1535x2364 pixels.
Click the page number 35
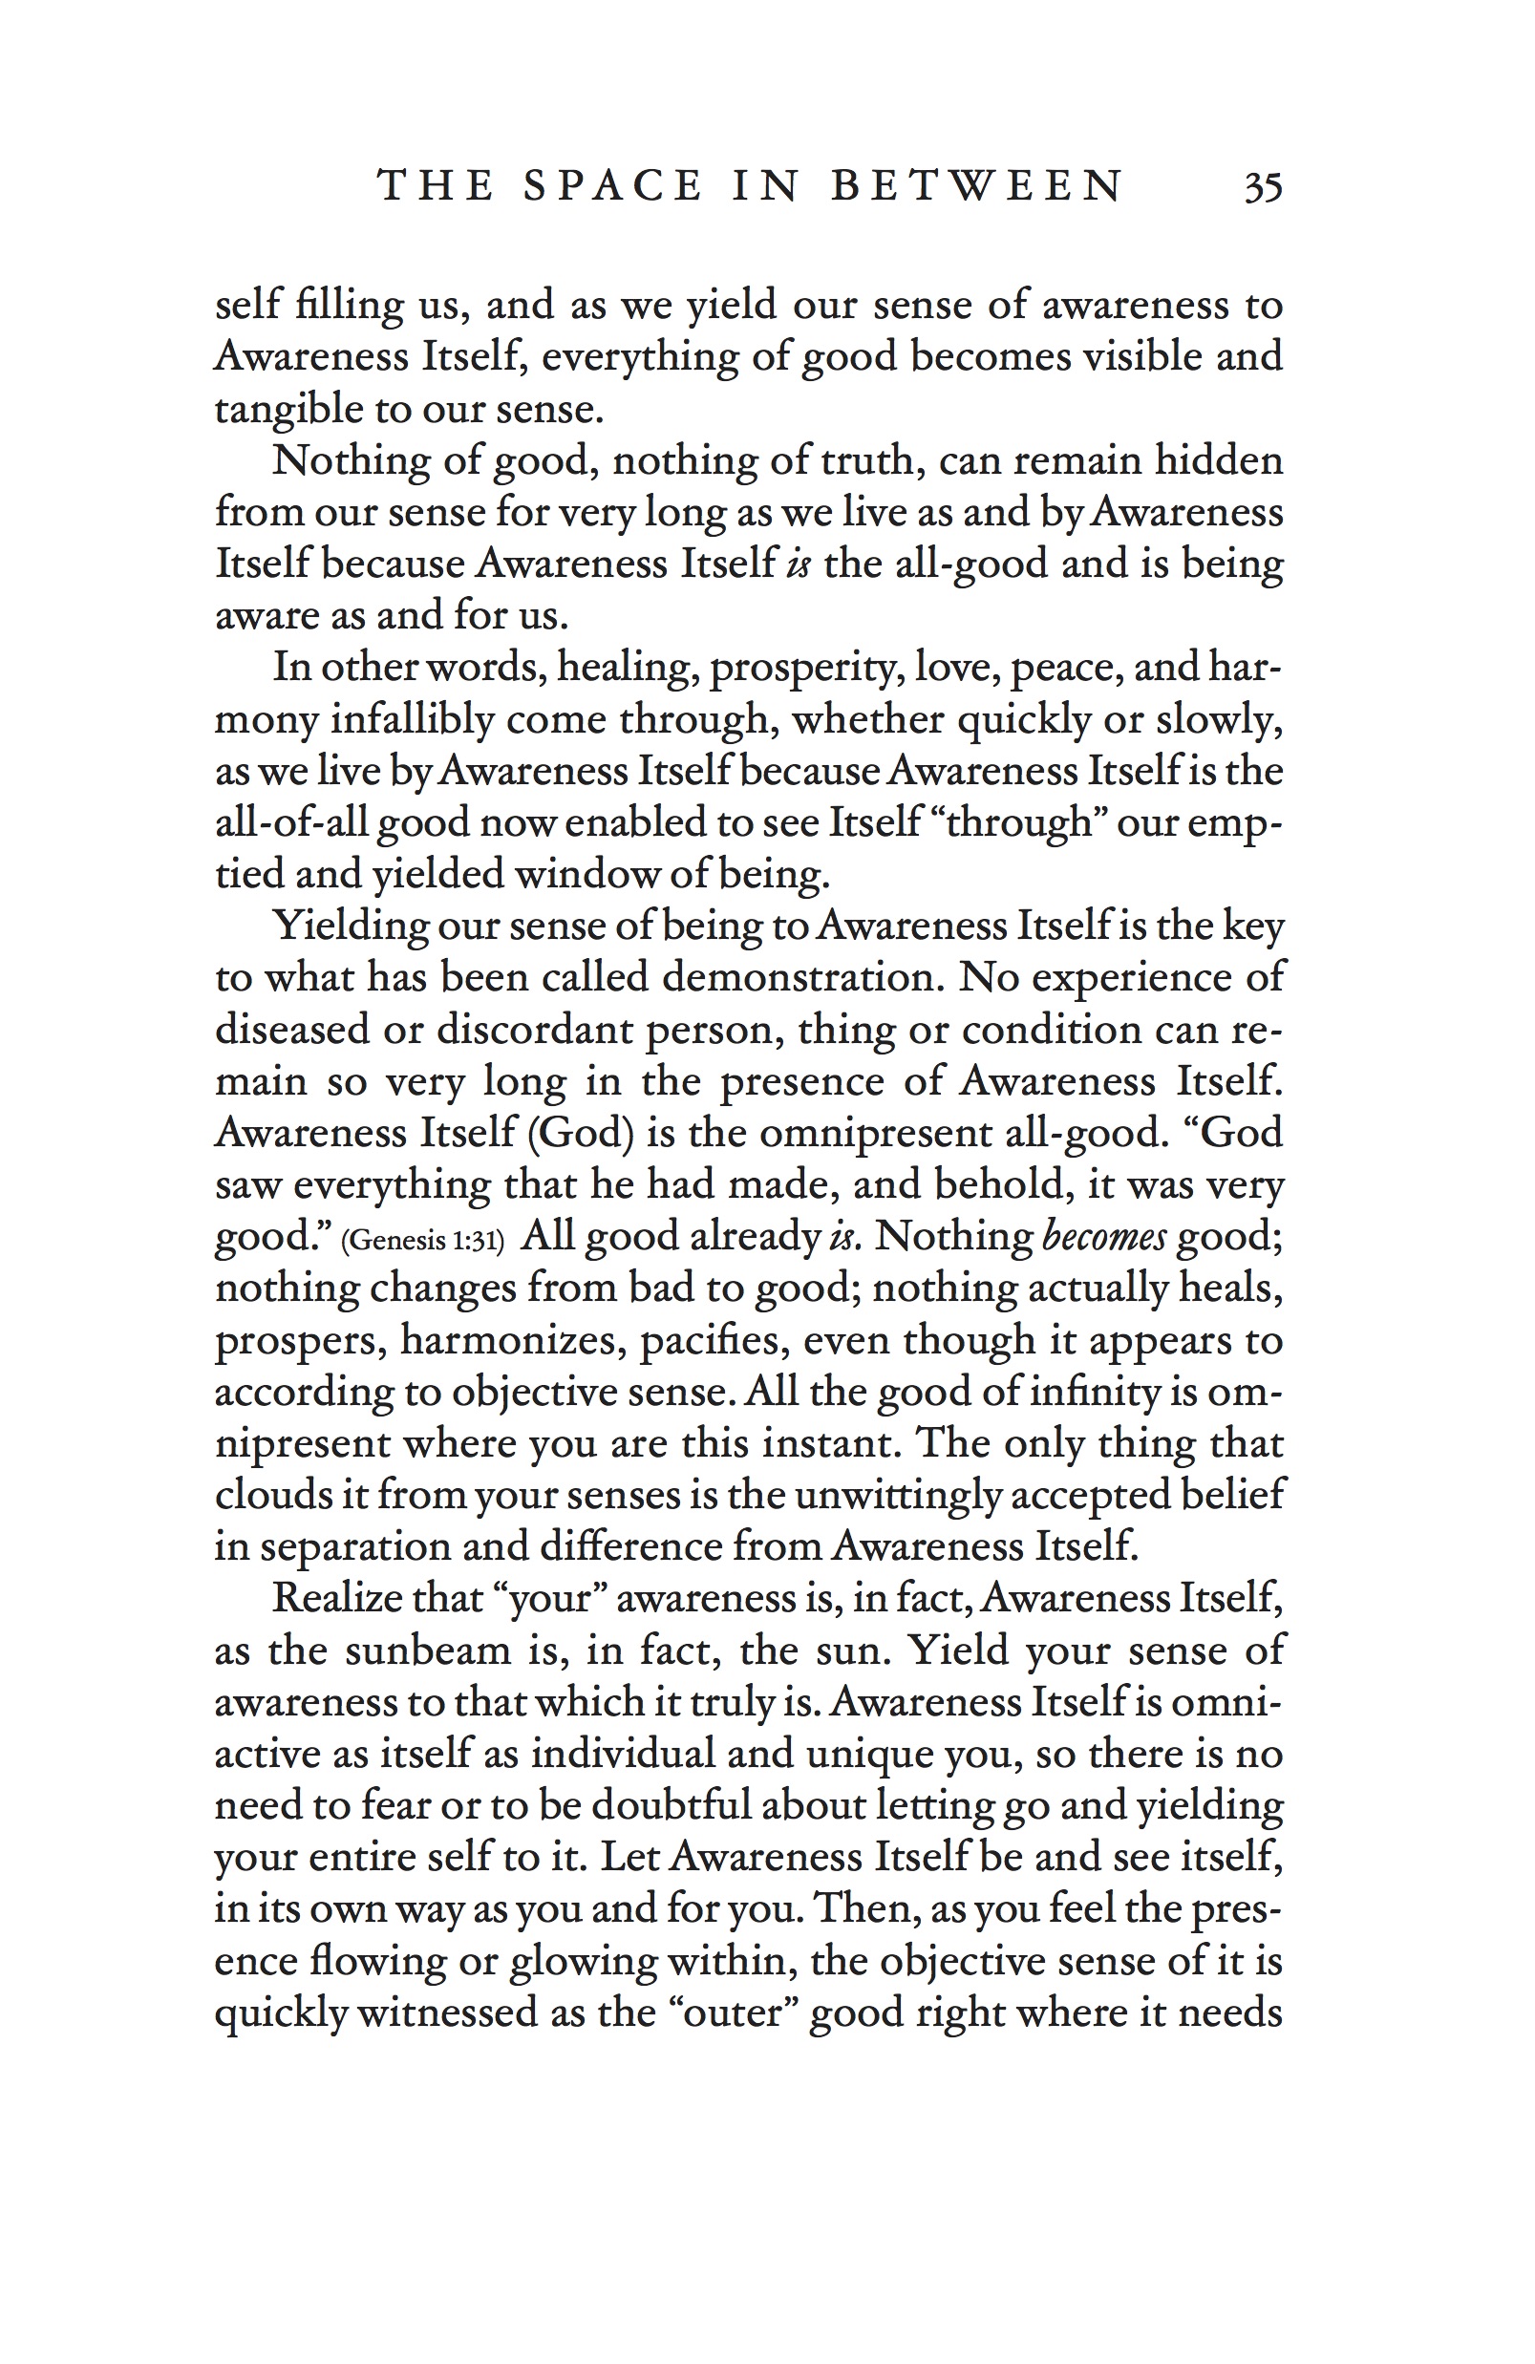(1263, 187)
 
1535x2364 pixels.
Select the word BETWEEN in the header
(976, 187)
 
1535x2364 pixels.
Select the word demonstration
(800, 977)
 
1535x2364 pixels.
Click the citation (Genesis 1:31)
(423, 1241)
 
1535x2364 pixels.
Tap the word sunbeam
(427, 1651)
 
